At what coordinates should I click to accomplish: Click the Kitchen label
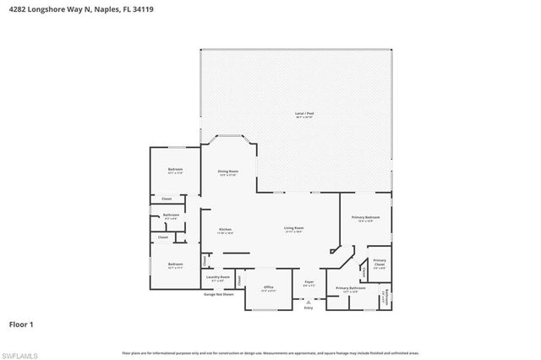(226, 231)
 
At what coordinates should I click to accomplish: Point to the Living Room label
(293, 229)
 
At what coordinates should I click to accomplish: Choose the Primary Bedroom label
(365, 219)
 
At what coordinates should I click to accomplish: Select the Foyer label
(309, 284)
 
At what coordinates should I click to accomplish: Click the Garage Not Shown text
(218, 294)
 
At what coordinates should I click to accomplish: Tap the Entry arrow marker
(307, 300)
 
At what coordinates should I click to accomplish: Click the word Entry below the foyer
(308, 308)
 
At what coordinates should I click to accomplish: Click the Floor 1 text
(21, 324)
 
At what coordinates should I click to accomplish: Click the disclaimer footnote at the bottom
(270, 352)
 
